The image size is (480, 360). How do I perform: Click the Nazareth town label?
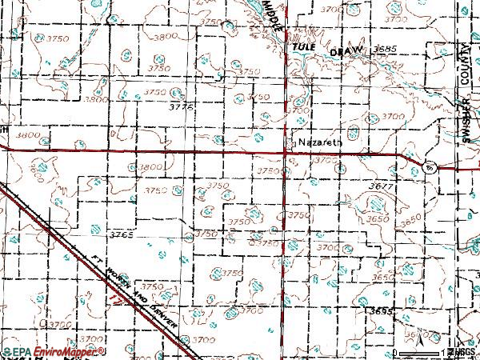[x=320, y=142]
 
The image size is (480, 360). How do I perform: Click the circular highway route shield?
[x=430, y=167]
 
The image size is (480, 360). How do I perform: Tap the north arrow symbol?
[x=419, y=344]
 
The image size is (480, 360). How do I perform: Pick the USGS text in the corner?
[x=463, y=352]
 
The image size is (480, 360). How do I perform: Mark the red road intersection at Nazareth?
[x=286, y=152]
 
